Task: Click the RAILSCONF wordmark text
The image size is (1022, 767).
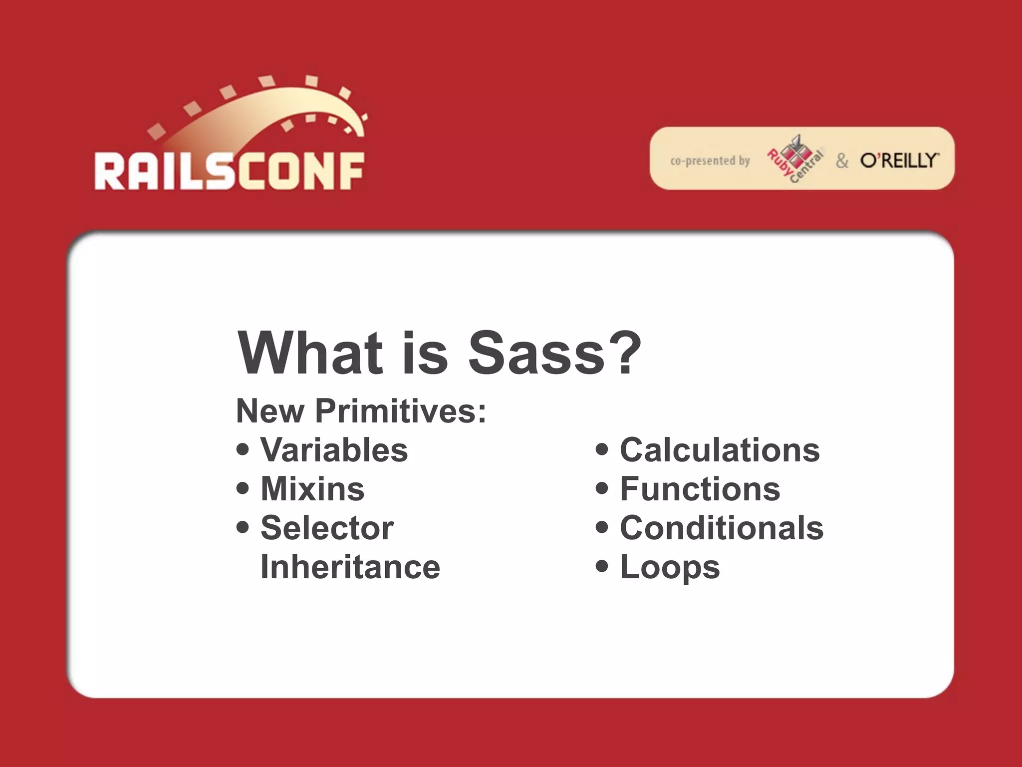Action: (229, 171)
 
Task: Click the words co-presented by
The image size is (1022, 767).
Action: (710, 161)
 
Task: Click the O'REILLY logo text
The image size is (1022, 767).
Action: (899, 160)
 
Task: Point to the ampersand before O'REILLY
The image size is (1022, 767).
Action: (842, 161)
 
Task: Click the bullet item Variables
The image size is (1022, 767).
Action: (334, 450)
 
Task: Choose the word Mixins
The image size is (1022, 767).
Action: (312, 489)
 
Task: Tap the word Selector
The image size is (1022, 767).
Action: (327, 528)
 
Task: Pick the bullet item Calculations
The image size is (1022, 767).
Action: (720, 450)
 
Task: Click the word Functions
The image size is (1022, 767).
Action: (700, 489)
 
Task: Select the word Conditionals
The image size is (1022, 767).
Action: (722, 528)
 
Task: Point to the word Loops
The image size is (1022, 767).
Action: (670, 568)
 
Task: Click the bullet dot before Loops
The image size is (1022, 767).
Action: (602, 566)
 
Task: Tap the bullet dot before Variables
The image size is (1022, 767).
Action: (243, 449)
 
